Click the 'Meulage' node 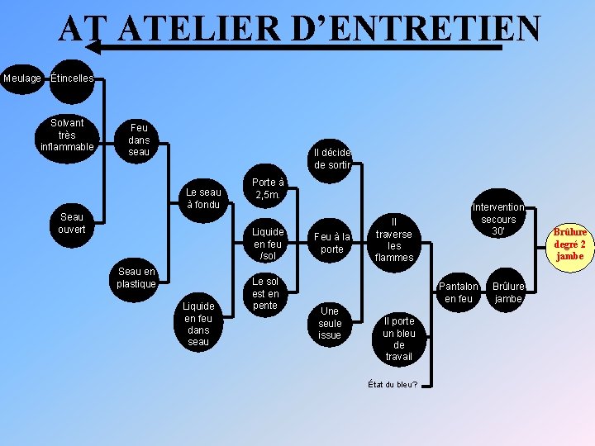pyautogui.click(x=22, y=78)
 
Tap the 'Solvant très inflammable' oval pyautogui.click(x=67, y=135)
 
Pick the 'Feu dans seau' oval pyautogui.click(x=140, y=140)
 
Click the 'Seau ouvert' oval pyautogui.click(x=72, y=223)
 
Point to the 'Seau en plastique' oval pyautogui.click(x=136, y=278)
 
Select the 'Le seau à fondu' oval pyautogui.click(x=202, y=198)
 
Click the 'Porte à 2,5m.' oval pyautogui.click(x=269, y=188)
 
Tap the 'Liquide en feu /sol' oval pyautogui.click(x=269, y=244)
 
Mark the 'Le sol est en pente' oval pyautogui.click(x=265, y=294)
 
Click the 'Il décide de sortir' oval pyautogui.click(x=332, y=159)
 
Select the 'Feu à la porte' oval pyautogui.click(x=332, y=243)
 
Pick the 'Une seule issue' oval pyautogui.click(x=330, y=323)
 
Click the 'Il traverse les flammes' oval pyautogui.click(x=394, y=240)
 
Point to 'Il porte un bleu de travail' pyautogui.click(x=399, y=339)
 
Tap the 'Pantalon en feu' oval pyautogui.click(x=459, y=292)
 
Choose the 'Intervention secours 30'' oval pyautogui.click(x=498, y=220)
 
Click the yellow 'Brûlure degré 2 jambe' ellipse pyautogui.click(x=570, y=244)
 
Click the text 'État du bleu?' pyautogui.click(x=393, y=384)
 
